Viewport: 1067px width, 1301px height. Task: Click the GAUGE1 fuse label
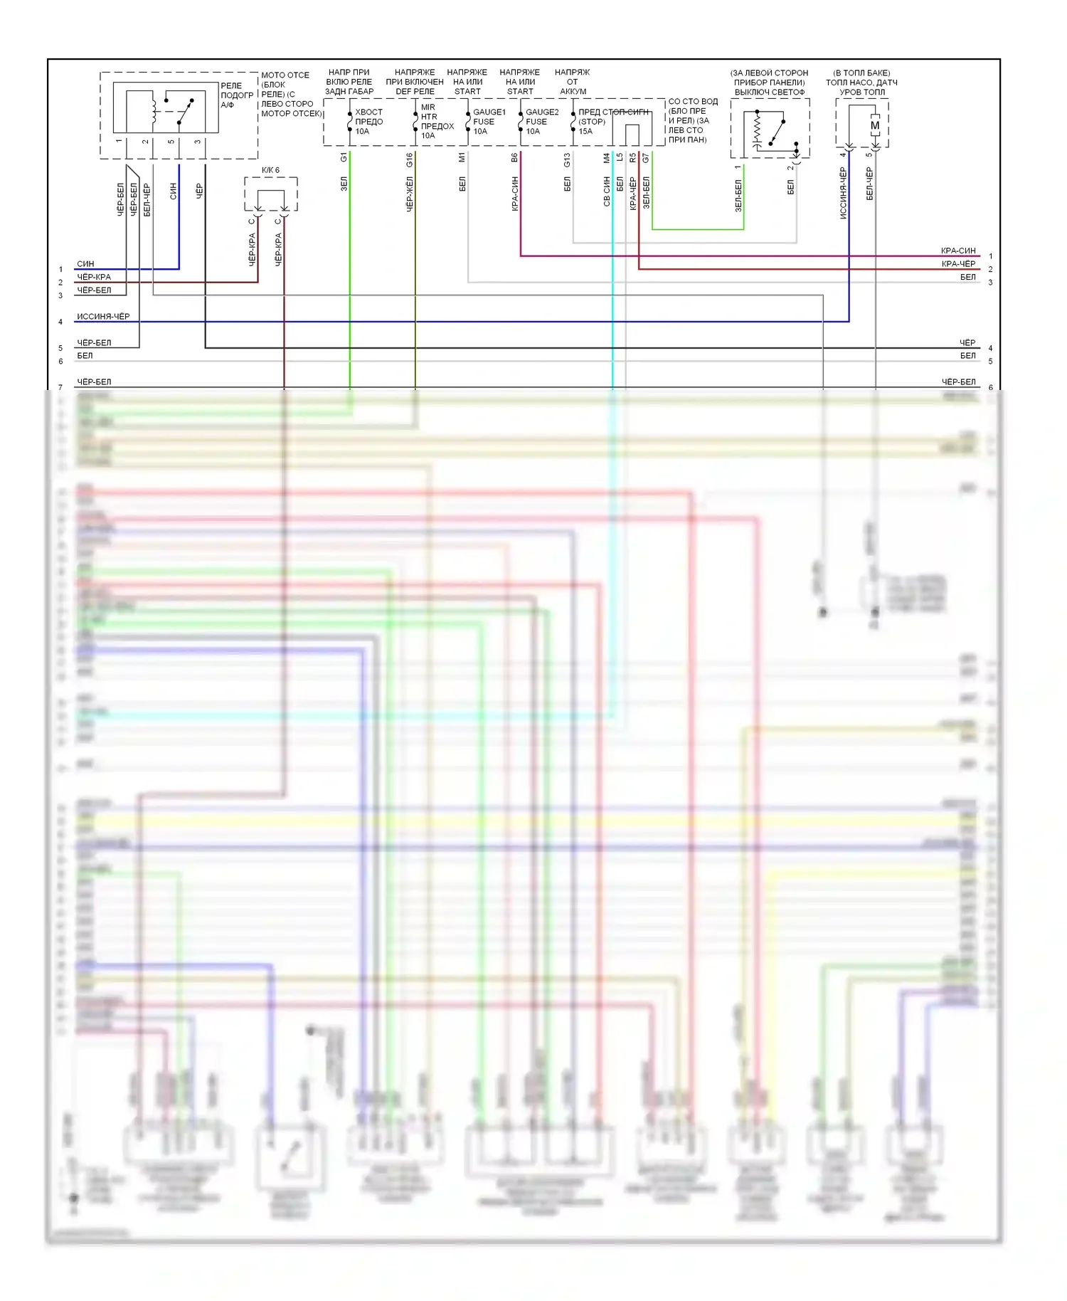click(x=489, y=112)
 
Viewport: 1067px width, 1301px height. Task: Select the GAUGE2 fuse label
click(x=541, y=112)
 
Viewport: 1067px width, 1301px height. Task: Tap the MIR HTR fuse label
click(x=428, y=112)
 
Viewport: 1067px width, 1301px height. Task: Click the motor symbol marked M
click(x=875, y=126)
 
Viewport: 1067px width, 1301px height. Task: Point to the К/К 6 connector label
click(x=270, y=171)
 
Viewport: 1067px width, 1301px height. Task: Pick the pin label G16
click(x=410, y=160)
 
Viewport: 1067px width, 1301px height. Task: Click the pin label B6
click(x=514, y=158)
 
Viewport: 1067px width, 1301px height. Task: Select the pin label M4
click(x=607, y=158)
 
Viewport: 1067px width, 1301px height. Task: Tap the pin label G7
click(x=646, y=158)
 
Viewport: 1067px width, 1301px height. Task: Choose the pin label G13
click(x=567, y=160)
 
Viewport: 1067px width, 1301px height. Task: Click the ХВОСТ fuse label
click(x=368, y=112)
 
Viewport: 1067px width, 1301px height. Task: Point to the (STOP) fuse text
click(x=592, y=122)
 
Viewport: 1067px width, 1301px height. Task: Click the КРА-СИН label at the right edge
click(x=957, y=251)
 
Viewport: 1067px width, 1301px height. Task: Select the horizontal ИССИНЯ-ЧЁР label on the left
click(x=103, y=317)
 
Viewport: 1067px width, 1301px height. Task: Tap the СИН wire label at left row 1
click(x=85, y=264)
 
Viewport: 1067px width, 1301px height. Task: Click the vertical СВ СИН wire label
click(x=607, y=192)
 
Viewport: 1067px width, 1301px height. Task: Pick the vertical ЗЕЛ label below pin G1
click(x=344, y=184)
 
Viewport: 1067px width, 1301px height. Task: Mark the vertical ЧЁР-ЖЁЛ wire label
click(x=410, y=194)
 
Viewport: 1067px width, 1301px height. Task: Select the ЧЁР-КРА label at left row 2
click(x=94, y=278)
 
